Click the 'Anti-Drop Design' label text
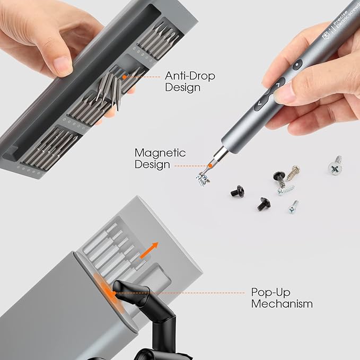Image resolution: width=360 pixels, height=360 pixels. [x=190, y=82]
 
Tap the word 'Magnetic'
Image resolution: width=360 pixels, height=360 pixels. [x=160, y=153]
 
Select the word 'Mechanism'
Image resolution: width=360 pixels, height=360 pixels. [x=282, y=304]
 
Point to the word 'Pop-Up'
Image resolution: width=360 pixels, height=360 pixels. [x=271, y=293]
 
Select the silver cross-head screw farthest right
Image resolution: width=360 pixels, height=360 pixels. [x=335, y=166]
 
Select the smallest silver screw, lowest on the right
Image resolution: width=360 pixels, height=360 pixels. [x=293, y=207]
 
